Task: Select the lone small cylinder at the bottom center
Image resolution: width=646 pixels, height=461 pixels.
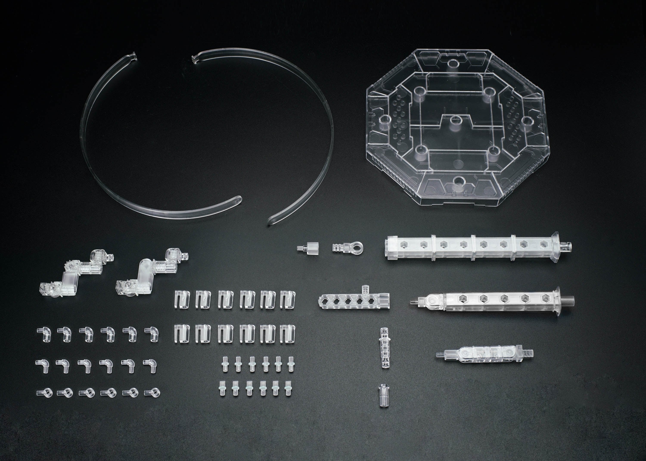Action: point(383,395)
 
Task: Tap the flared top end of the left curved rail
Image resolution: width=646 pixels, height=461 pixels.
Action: point(133,56)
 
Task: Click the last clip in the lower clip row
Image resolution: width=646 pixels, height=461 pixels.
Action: point(288,334)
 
